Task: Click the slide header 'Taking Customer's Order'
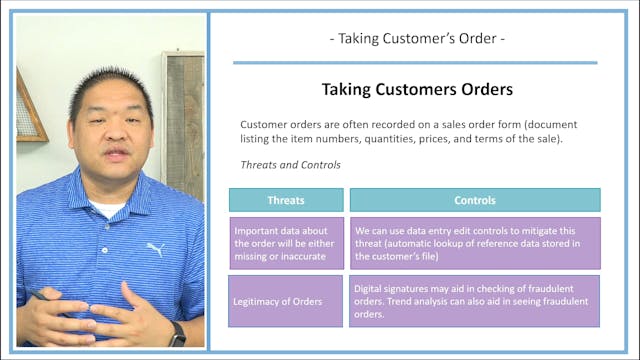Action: coord(415,39)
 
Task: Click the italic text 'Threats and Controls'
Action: coord(290,165)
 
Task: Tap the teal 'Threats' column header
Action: coord(286,199)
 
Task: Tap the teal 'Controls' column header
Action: coord(475,199)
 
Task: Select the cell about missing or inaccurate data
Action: coord(286,243)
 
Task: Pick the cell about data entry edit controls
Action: coord(475,243)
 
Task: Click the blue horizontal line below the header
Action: coord(415,62)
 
